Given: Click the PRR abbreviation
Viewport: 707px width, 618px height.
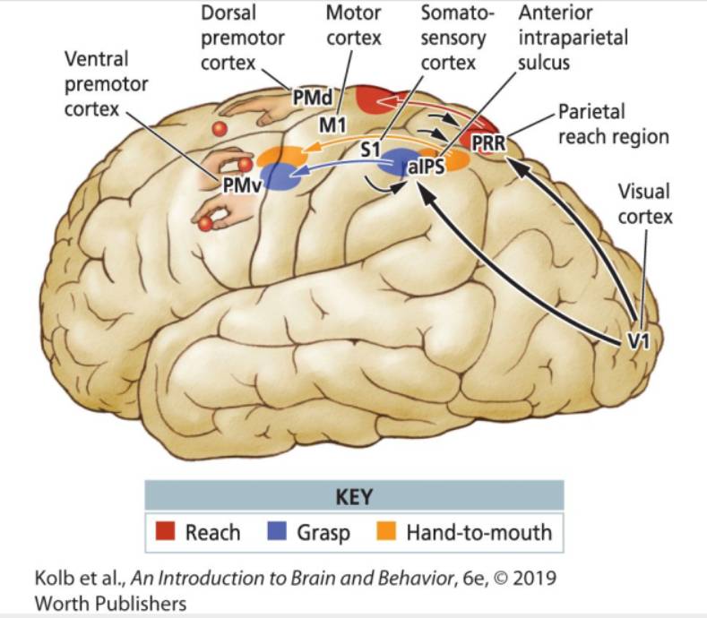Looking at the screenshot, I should [x=489, y=142].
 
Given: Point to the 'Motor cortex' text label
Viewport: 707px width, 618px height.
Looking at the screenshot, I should [x=353, y=26].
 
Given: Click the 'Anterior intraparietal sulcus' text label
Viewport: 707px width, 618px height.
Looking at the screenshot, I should [x=573, y=39].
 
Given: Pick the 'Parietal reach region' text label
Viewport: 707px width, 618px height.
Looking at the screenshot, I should [x=613, y=124].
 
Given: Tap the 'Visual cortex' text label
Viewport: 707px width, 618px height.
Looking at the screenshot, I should [x=643, y=204].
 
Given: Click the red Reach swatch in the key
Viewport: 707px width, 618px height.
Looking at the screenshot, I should [x=166, y=533].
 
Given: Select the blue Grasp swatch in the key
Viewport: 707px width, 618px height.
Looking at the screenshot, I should [x=278, y=533].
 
